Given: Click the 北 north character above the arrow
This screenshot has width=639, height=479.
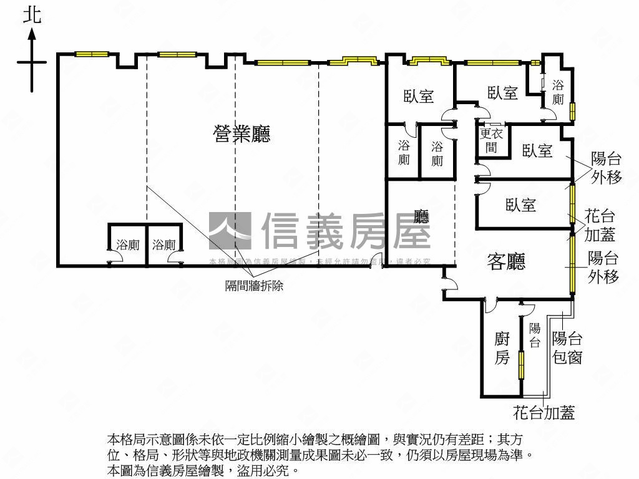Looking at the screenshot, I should (x=32, y=15).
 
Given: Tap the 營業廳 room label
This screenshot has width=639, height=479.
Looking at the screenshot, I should (x=242, y=134).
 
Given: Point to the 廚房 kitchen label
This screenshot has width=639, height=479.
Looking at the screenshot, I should (x=502, y=348).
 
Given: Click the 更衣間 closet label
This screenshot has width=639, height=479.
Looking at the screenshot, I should (x=491, y=140).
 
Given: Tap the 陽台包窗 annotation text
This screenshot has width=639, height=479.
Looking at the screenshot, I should (x=567, y=348).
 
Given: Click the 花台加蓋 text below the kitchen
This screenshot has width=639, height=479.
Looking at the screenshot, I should (x=544, y=412).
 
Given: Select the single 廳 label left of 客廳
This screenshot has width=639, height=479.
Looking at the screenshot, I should (x=422, y=216).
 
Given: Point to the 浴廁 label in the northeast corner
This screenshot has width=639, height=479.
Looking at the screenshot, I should (x=558, y=92).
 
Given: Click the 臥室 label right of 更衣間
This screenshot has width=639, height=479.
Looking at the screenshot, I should (x=537, y=150).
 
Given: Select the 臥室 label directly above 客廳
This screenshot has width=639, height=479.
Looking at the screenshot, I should (x=521, y=205).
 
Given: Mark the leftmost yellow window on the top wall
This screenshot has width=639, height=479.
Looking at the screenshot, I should (x=92, y=54).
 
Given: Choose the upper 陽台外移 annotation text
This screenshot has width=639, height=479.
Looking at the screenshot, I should (x=607, y=168).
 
